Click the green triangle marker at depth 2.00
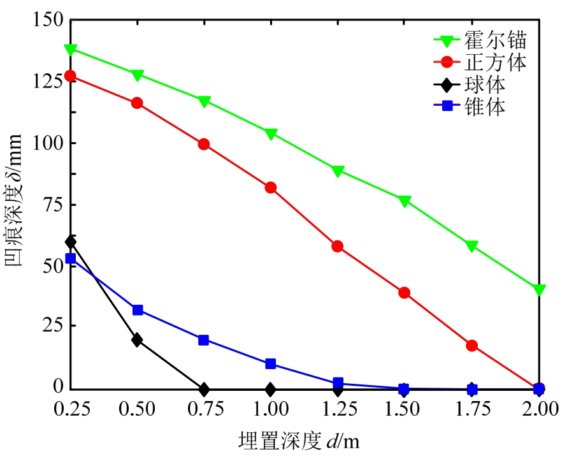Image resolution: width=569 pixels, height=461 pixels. [x=540, y=290]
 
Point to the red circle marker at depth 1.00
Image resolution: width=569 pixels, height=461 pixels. [x=271, y=187]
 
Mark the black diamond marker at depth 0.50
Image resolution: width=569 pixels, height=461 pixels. [x=137, y=340]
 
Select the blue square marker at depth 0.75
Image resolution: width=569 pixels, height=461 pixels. [x=204, y=340]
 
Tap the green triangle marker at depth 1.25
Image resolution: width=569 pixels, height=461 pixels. [x=338, y=171]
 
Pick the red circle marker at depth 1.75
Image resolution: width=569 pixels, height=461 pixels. [x=472, y=346]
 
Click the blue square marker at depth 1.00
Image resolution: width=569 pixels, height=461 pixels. [x=271, y=364]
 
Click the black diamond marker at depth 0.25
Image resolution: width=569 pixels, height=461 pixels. [x=71, y=242]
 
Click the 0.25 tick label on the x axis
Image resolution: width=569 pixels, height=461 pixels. [x=71, y=409]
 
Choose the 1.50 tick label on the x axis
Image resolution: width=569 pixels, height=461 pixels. [x=405, y=409]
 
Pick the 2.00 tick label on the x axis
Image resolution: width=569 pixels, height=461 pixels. [x=538, y=409]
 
